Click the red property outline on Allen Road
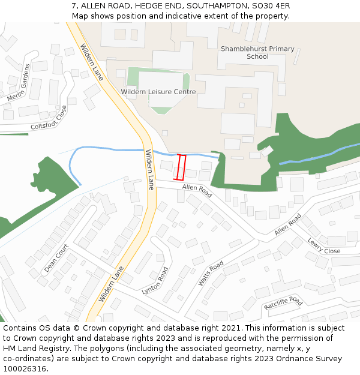pyautogui.click(x=180, y=167)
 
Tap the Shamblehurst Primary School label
pyautogui.click(x=257, y=53)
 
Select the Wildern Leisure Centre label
pyautogui.click(x=158, y=92)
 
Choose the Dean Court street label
pyautogui.click(x=56, y=258)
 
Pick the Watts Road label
pyautogui.click(x=211, y=273)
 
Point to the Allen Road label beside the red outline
pyautogui.click(x=197, y=191)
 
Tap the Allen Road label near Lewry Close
pyautogui.click(x=288, y=224)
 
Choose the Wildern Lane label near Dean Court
pyautogui.click(x=112, y=284)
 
